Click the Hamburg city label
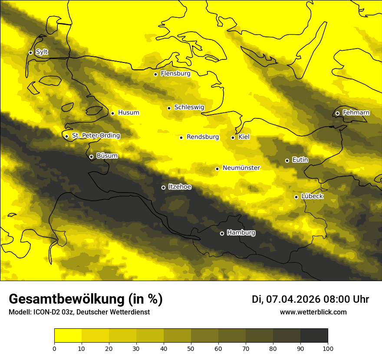(x=241, y=233)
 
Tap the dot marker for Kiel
(x=233, y=137)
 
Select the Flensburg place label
(x=175, y=74)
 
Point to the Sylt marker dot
(x=31, y=52)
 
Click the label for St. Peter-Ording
(x=96, y=136)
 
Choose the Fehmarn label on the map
(x=356, y=113)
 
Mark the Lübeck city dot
(x=296, y=197)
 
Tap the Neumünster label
(x=241, y=168)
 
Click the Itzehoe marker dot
(x=164, y=188)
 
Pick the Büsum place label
(x=107, y=156)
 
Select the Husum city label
(x=128, y=113)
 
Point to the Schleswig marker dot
(x=169, y=108)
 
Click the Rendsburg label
(x=203, y=137)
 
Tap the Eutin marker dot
(x=287, y=160)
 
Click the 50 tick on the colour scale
(x=191, y=348)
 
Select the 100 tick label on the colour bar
(x=328, y=348)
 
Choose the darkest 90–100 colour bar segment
(x=314, y=335)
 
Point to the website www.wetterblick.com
(x=313, y=312)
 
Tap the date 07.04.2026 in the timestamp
(x=293, y=299)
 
